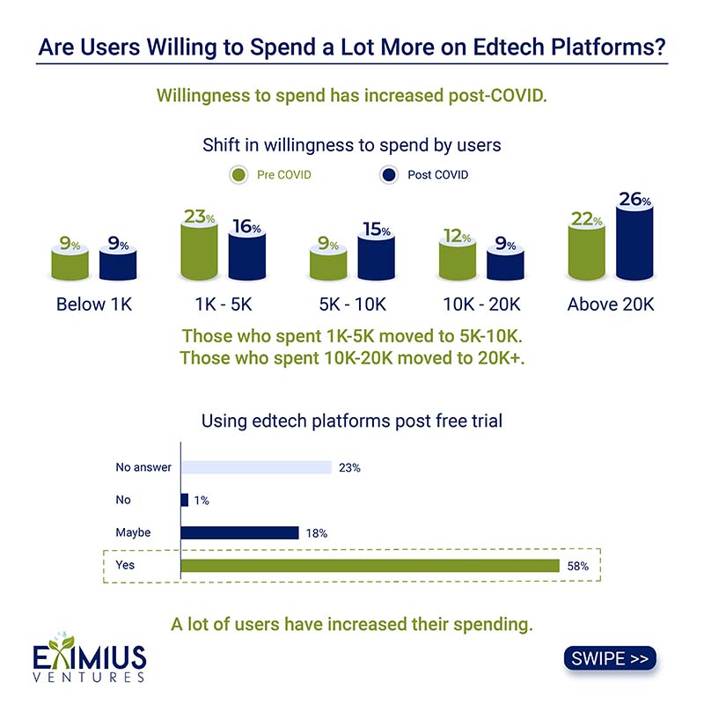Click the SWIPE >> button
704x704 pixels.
[609, 658]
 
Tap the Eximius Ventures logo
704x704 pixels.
[90, 662]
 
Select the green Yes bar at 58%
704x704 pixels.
[370, 565]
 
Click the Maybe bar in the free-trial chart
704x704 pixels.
[239, 532]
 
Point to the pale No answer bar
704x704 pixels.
[256, 467]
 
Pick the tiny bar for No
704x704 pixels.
[184, 500]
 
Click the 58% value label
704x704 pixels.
[577, 566]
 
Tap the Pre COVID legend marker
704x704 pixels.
[238, 174]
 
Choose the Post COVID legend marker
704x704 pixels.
[389, 174]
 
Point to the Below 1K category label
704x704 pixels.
[94, 304]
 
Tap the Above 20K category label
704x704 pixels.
[611, 304]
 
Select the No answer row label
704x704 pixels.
[143, 467]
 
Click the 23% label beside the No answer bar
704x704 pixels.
[349, 468]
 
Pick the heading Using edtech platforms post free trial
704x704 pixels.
[352, 421]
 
